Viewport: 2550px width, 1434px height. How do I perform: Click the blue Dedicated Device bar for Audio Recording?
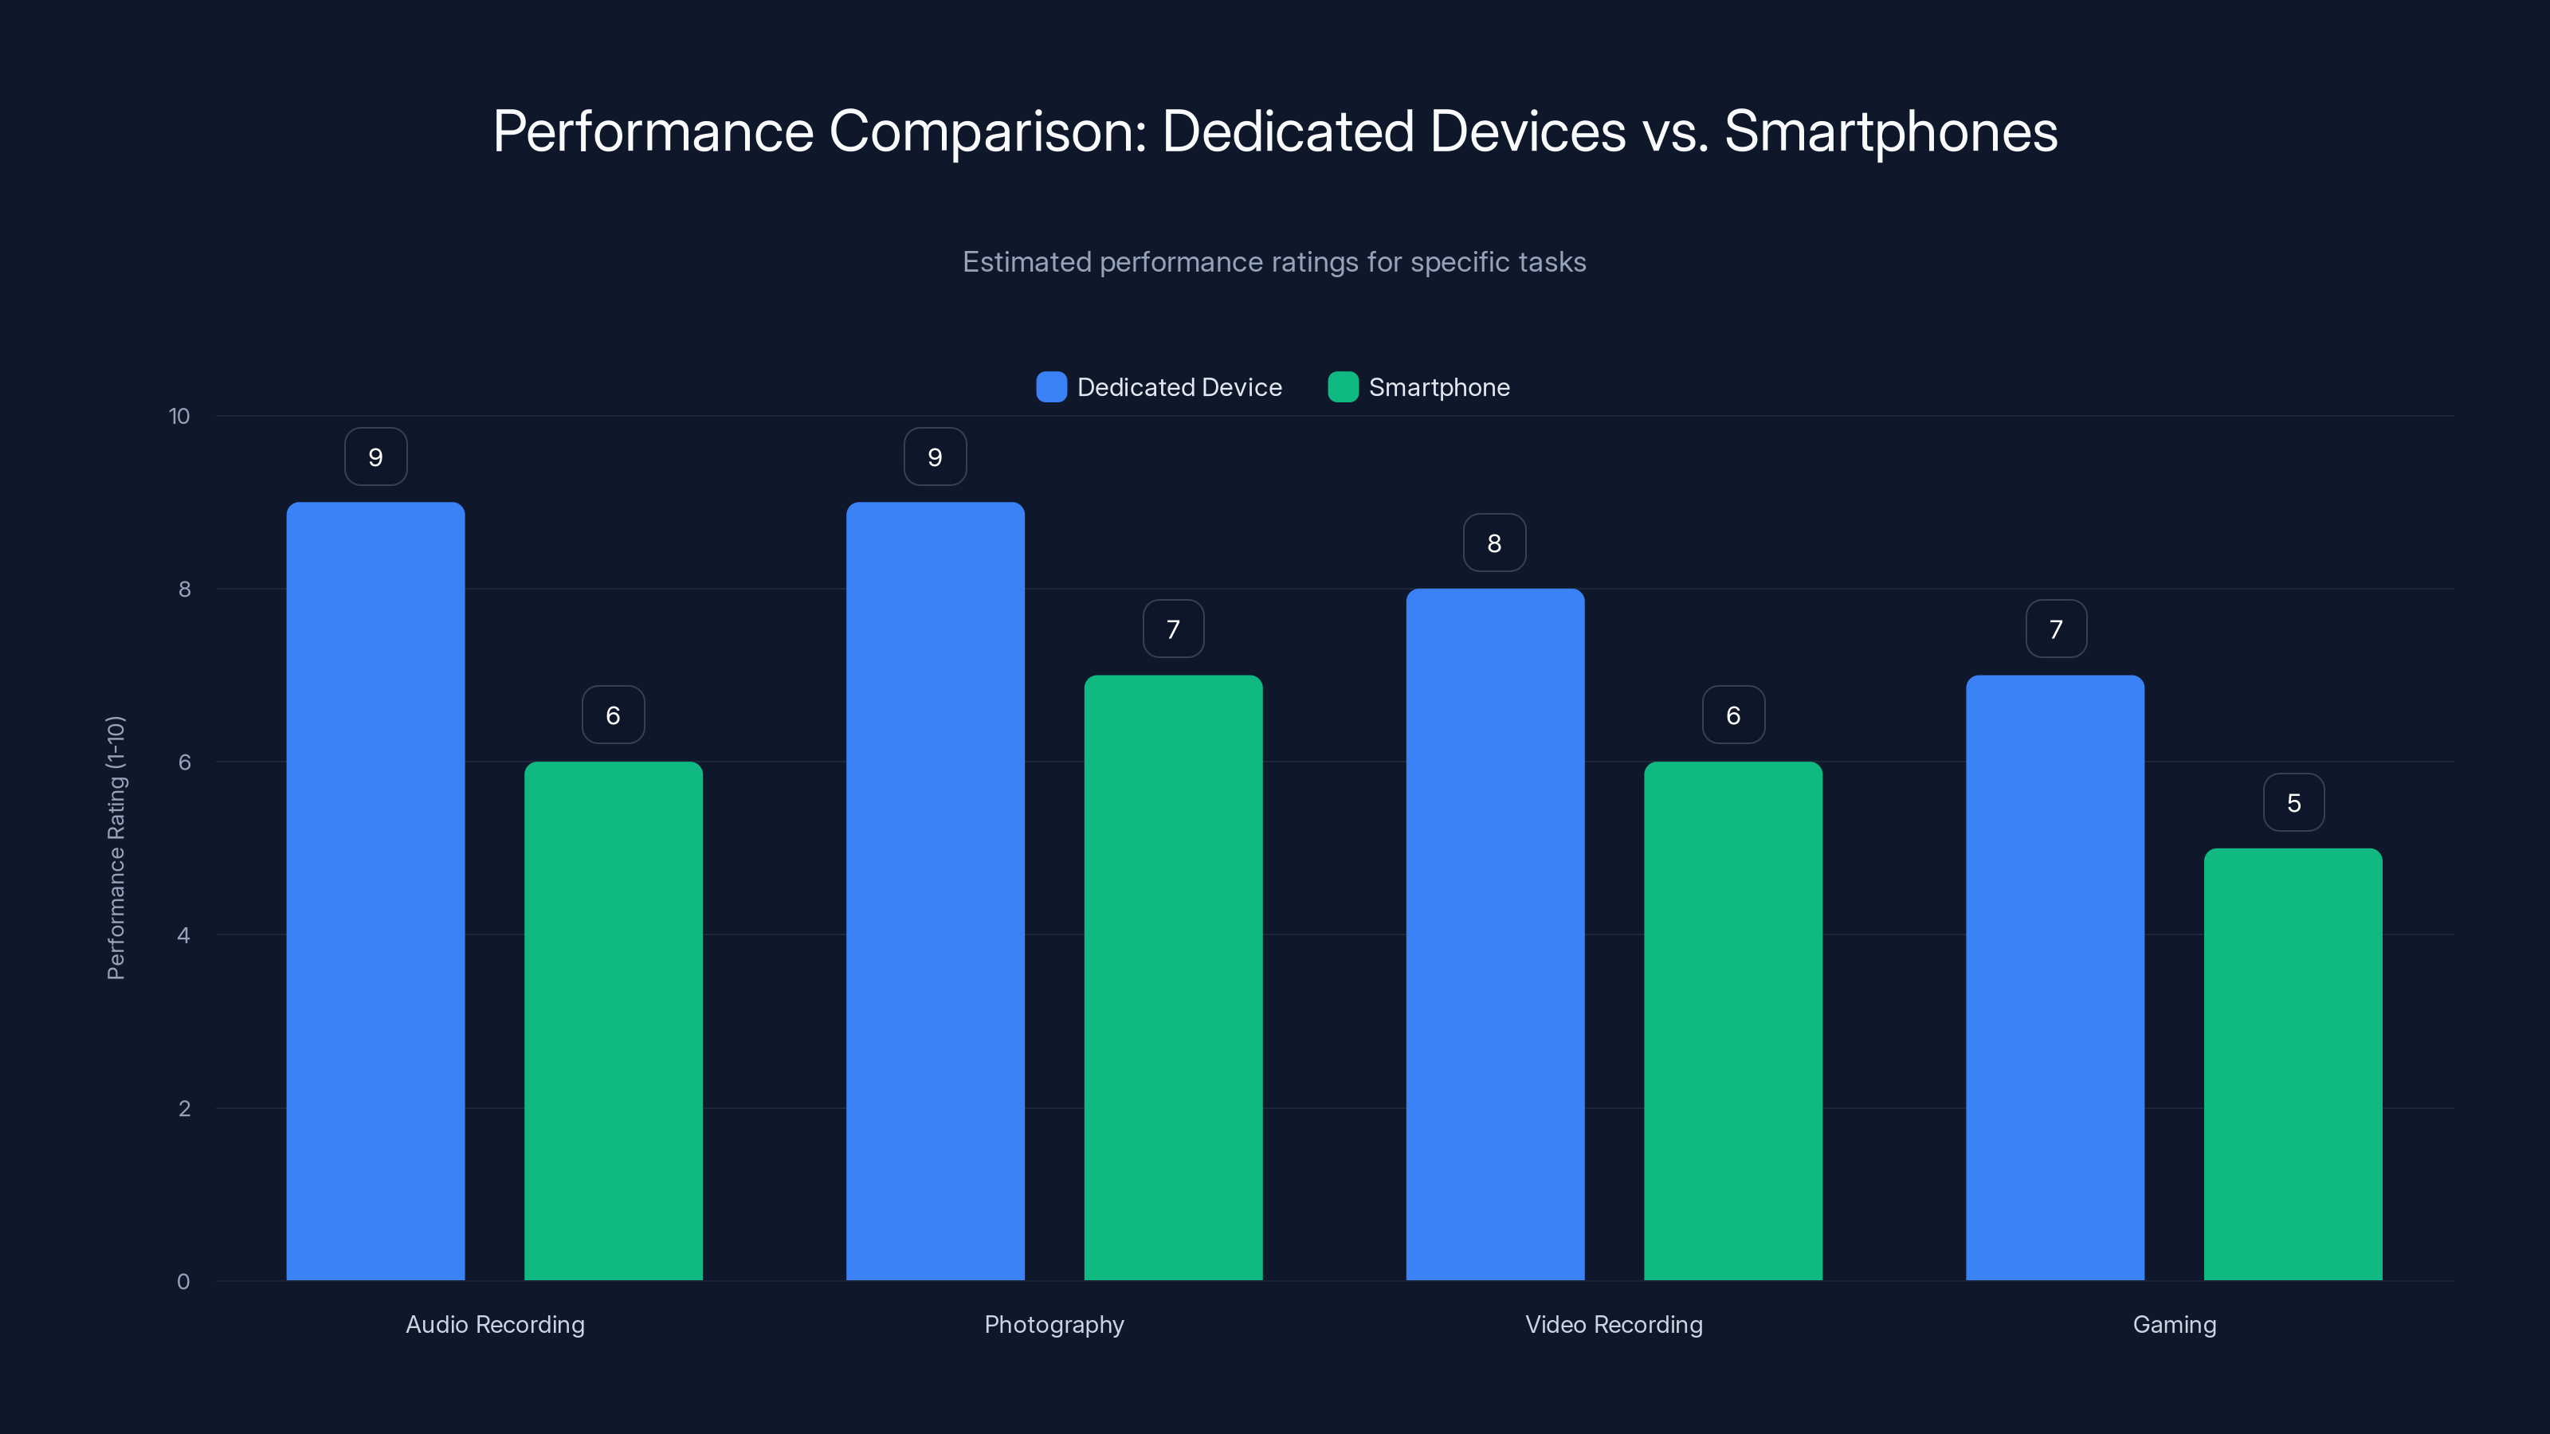(375, 891)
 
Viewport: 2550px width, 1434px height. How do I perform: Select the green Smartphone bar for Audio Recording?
(613, 1020)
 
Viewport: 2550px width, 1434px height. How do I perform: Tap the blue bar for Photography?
(935, 891)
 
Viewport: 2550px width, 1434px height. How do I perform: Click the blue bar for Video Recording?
(1495, 934)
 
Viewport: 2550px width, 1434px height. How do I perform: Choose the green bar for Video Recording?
(1732, 1020)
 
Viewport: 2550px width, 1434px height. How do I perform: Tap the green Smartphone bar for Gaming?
(2293, 1064)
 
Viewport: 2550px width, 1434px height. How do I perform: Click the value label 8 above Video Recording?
(1495, 543)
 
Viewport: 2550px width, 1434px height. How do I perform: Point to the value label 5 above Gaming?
(2293, 802)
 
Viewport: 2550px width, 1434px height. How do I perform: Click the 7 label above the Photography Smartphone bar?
(1173, 629)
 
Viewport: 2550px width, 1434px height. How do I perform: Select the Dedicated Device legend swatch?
(1050, 387)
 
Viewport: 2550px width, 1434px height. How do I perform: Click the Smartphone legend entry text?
(1438, 387)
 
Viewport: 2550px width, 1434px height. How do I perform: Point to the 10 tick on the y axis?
(179, 416)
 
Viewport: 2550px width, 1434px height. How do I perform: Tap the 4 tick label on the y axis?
(183, 935)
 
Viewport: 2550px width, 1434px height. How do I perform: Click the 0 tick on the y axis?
(183, 1282)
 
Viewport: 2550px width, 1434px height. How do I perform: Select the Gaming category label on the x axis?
(2174, 1324)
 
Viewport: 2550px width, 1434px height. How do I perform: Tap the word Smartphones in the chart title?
(1891, 131)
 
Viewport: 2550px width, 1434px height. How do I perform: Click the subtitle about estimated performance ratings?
(1274, 261)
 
